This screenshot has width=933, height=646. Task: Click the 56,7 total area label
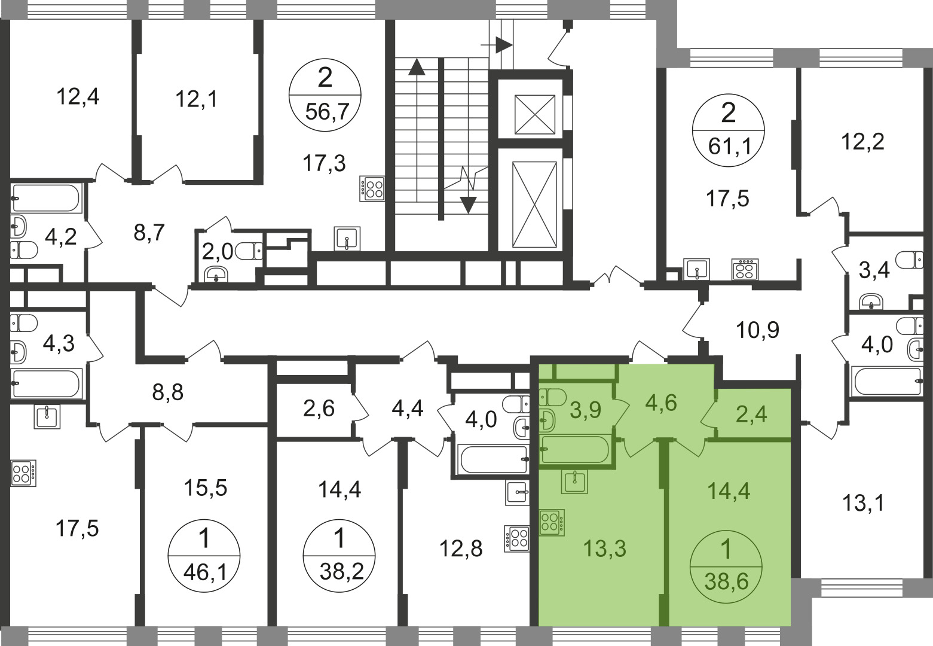326,112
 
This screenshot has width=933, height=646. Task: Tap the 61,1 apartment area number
729,147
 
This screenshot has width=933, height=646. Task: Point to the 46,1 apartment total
205,572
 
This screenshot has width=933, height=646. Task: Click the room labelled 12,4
78,97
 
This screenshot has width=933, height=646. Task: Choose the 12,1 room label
196,100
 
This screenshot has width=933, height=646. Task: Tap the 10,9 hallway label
757,330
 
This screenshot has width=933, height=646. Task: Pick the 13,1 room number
863,503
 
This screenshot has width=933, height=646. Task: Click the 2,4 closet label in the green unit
751,415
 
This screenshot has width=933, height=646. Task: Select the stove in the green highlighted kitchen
552,522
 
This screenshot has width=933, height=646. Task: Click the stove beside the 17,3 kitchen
372,189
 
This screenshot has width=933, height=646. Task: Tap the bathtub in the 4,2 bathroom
46,198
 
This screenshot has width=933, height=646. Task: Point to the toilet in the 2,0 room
249,251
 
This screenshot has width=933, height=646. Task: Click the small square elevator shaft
535,114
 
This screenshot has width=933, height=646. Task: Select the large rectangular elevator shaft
534,204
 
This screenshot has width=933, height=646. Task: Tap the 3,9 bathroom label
586,410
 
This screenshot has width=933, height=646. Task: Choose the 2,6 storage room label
319,409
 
